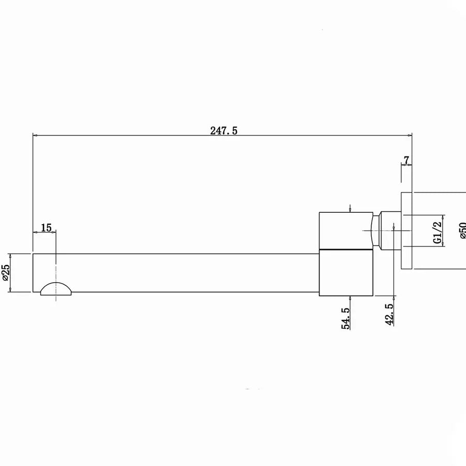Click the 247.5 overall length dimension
(224, 131)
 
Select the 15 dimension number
(46, 228)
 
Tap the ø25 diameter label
(6, 272)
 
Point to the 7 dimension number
(406, 160)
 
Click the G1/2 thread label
(438, 232)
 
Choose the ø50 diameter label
(462, 230)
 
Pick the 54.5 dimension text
(345, 318)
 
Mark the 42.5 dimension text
(389, 314)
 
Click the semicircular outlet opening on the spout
(56, 289)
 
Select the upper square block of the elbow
(346, 230)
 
